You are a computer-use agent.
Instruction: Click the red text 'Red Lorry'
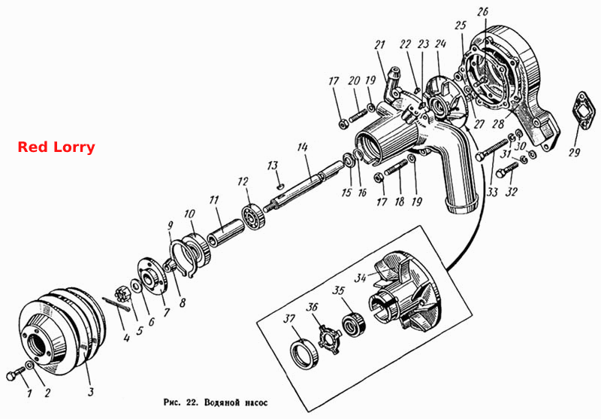[56, 147]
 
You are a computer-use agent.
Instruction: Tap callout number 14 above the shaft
[303, 147]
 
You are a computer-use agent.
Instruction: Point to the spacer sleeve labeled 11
[225, 235]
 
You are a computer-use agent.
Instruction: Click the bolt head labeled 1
[14, 373]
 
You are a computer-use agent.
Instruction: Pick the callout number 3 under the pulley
[91, 392]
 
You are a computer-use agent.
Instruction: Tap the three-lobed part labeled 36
[329, 339]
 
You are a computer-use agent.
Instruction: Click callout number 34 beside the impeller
[361, 277]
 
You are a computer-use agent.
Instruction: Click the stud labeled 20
[359, 114]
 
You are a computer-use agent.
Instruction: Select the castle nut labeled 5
[122, 294]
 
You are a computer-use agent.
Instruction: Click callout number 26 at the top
[482, 11]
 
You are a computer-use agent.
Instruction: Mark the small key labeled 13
[280, 186]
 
